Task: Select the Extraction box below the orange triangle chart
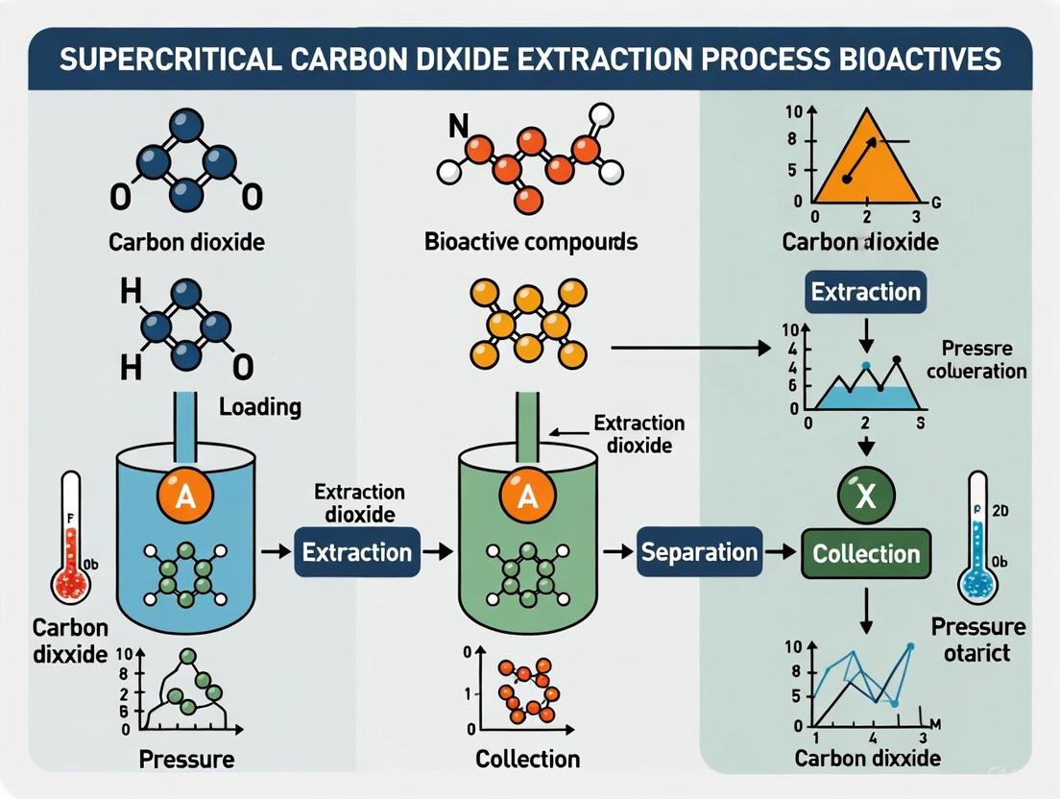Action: coord(866,291)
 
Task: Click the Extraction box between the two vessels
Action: coord(356,551)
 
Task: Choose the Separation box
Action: coord(699,552)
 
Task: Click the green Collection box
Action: coord(866,553)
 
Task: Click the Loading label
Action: coord(259,406)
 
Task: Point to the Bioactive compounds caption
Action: coord(531,240)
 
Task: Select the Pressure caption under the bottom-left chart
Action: coord(186,759)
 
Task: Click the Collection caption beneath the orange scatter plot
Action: coord(528,759)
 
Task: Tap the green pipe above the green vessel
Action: coord(526,423)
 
